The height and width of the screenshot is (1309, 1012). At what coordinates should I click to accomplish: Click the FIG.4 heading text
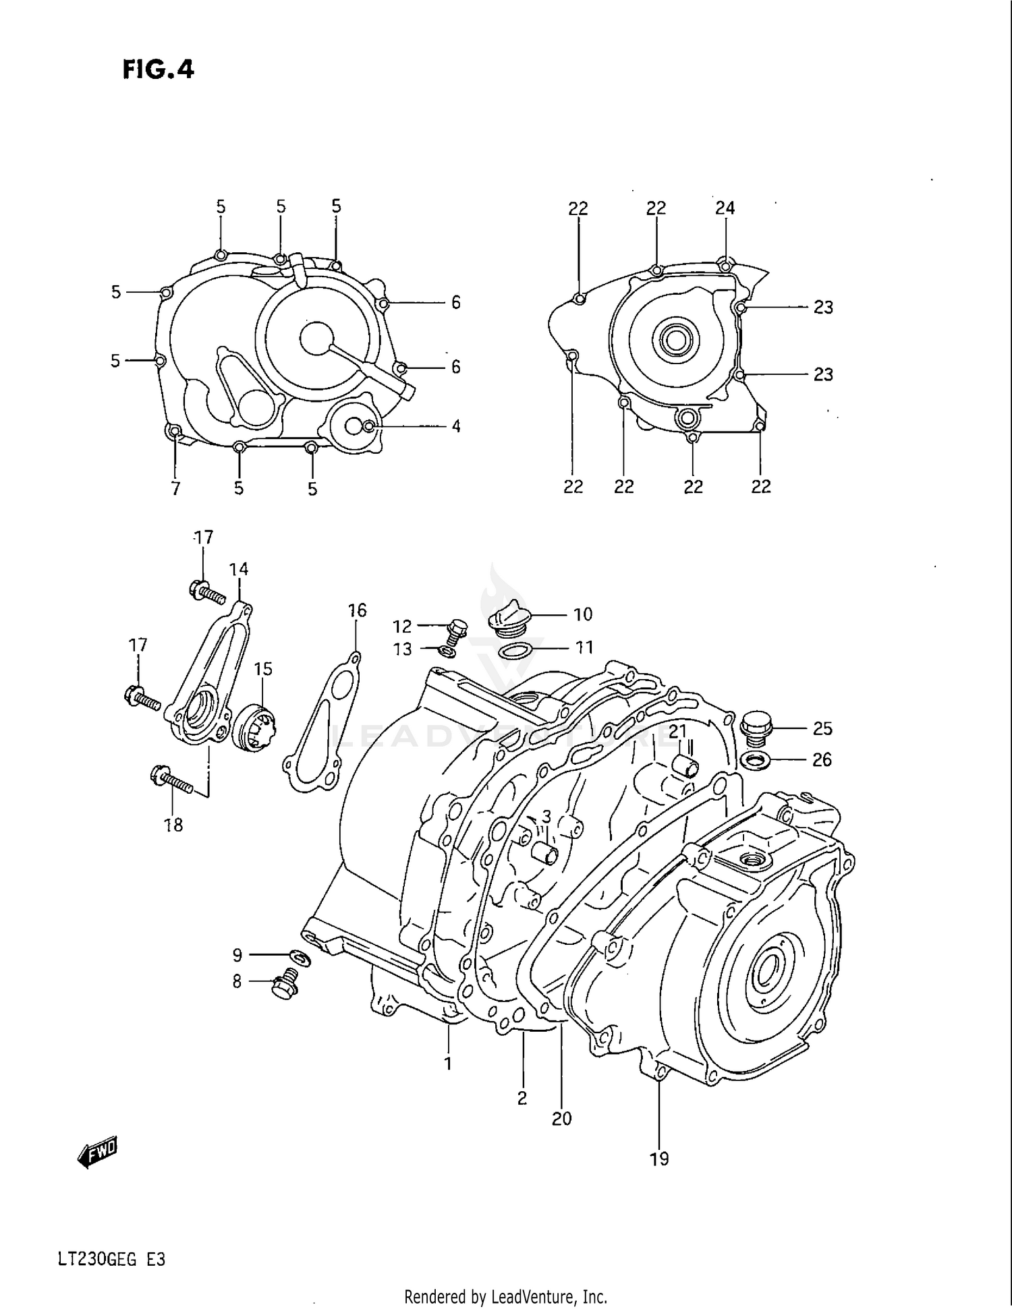tap(159, 69)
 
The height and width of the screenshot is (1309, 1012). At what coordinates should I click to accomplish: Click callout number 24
tap(725, 208)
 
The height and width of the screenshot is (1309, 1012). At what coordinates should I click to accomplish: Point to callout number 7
tap(175, 488)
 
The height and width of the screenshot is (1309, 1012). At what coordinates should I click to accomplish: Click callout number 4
tap(456, 426)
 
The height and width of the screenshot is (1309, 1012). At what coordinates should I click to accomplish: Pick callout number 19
tap(659, 1159)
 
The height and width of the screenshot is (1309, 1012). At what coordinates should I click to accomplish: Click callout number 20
tap(561, 1119)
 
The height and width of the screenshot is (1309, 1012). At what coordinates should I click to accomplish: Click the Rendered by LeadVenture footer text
tap(505, 1296)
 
